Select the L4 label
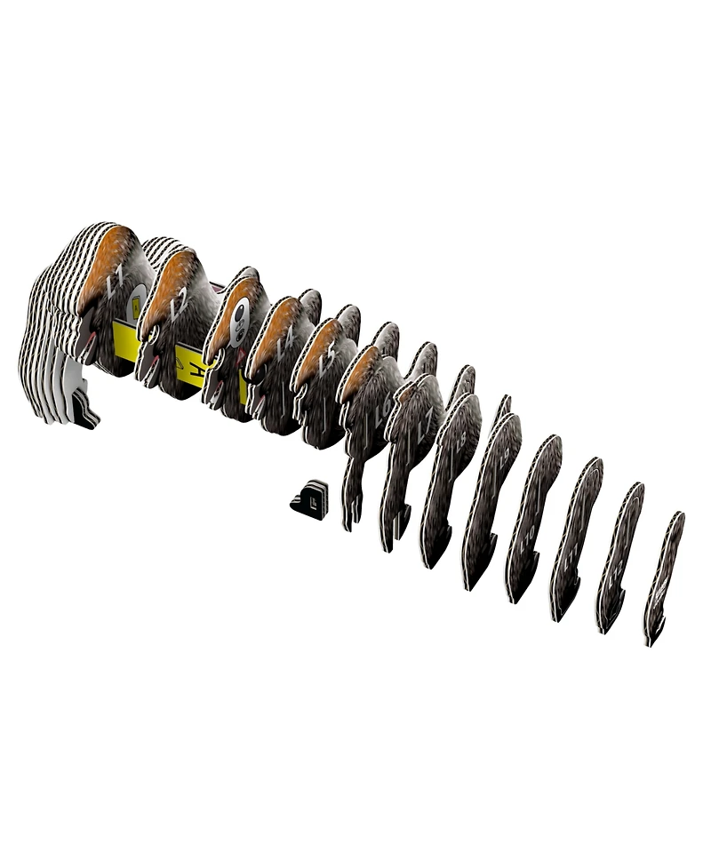(x=284, y=345)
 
